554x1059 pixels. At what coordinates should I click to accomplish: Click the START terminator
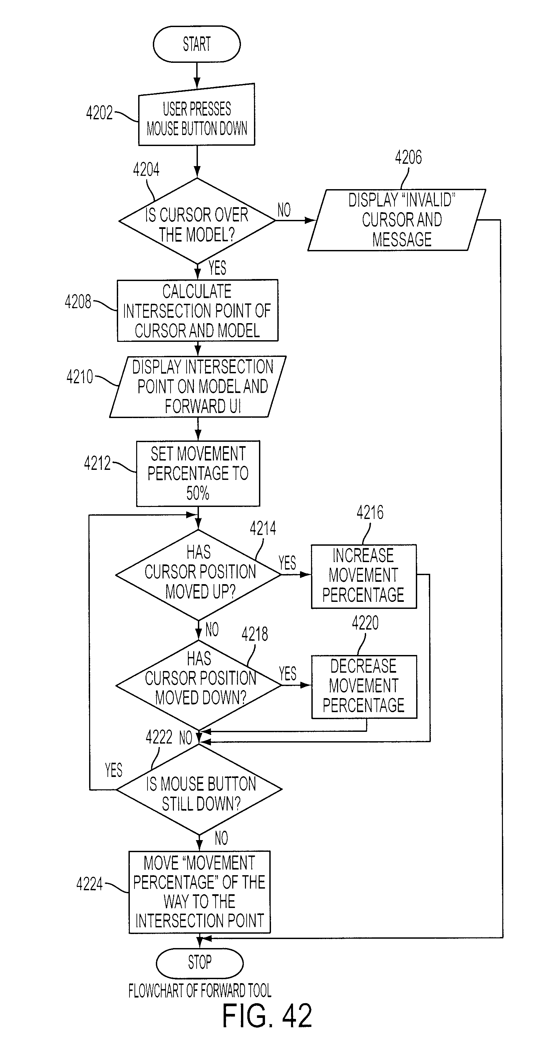pyautogui.click(x=197, y=44)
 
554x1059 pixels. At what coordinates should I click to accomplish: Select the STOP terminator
pyautogui.click(x=200, y=963)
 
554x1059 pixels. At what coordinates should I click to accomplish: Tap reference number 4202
pyautogui.click(x=99, y=113)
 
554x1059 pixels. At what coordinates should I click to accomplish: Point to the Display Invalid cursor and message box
pyautogui.click(x=397, y=220)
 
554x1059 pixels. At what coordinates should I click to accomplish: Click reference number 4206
pyautogui.click(x=408, y=157)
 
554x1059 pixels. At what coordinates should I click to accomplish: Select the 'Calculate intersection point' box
pyautogui.click(x=198, y=310)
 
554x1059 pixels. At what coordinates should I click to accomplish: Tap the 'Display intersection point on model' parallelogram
pyautogui.click(x=198, y=386)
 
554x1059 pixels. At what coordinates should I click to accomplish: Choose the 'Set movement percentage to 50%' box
pyautogui.click(x=198, y=473)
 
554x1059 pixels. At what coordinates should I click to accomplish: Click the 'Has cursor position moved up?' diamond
pyautogui.click(x=198, y=575)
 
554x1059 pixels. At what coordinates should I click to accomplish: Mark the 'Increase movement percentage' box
pyautogui.click(x=364, y=576)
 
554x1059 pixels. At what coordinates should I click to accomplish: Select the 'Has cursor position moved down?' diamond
pyautogui.click(x=199, y=685)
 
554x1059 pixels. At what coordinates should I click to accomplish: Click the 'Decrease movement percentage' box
pyautogui.click(x=364, y=686)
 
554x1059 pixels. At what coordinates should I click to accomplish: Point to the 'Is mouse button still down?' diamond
pyautogui.click(x=199, y=789)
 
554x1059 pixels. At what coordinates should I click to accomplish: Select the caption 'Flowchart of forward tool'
pyautogui.click(x=200, y=991)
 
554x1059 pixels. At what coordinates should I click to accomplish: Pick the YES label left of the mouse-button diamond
pyautogui.click(x=114, y=770)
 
